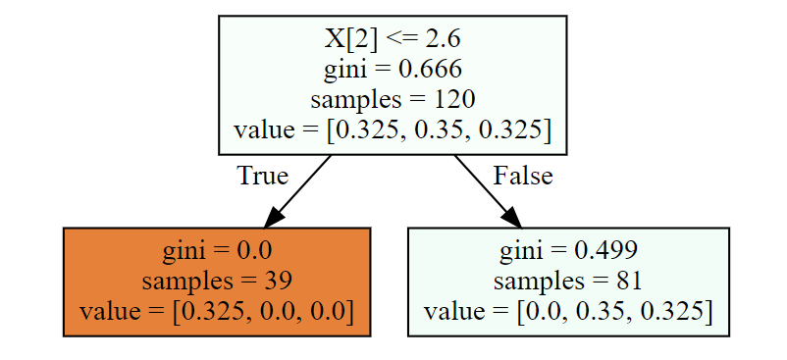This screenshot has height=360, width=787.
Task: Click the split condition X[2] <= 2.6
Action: click(393, 39)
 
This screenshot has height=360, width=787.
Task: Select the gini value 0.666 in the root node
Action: click(430, 70)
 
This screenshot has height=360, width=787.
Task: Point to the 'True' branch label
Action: click(262, 176)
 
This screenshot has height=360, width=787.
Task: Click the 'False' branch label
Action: click(522, 176)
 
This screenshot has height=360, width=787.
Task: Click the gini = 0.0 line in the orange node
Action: click(217, 251)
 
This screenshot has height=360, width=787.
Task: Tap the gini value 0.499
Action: click(605, 251)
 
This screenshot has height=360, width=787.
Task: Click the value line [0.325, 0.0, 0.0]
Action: click(217, 311)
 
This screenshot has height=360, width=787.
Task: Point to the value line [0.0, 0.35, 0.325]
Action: click(568, 311)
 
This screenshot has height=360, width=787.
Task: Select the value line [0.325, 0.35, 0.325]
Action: click(393, 130)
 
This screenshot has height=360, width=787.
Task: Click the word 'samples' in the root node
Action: click(356, 100)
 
